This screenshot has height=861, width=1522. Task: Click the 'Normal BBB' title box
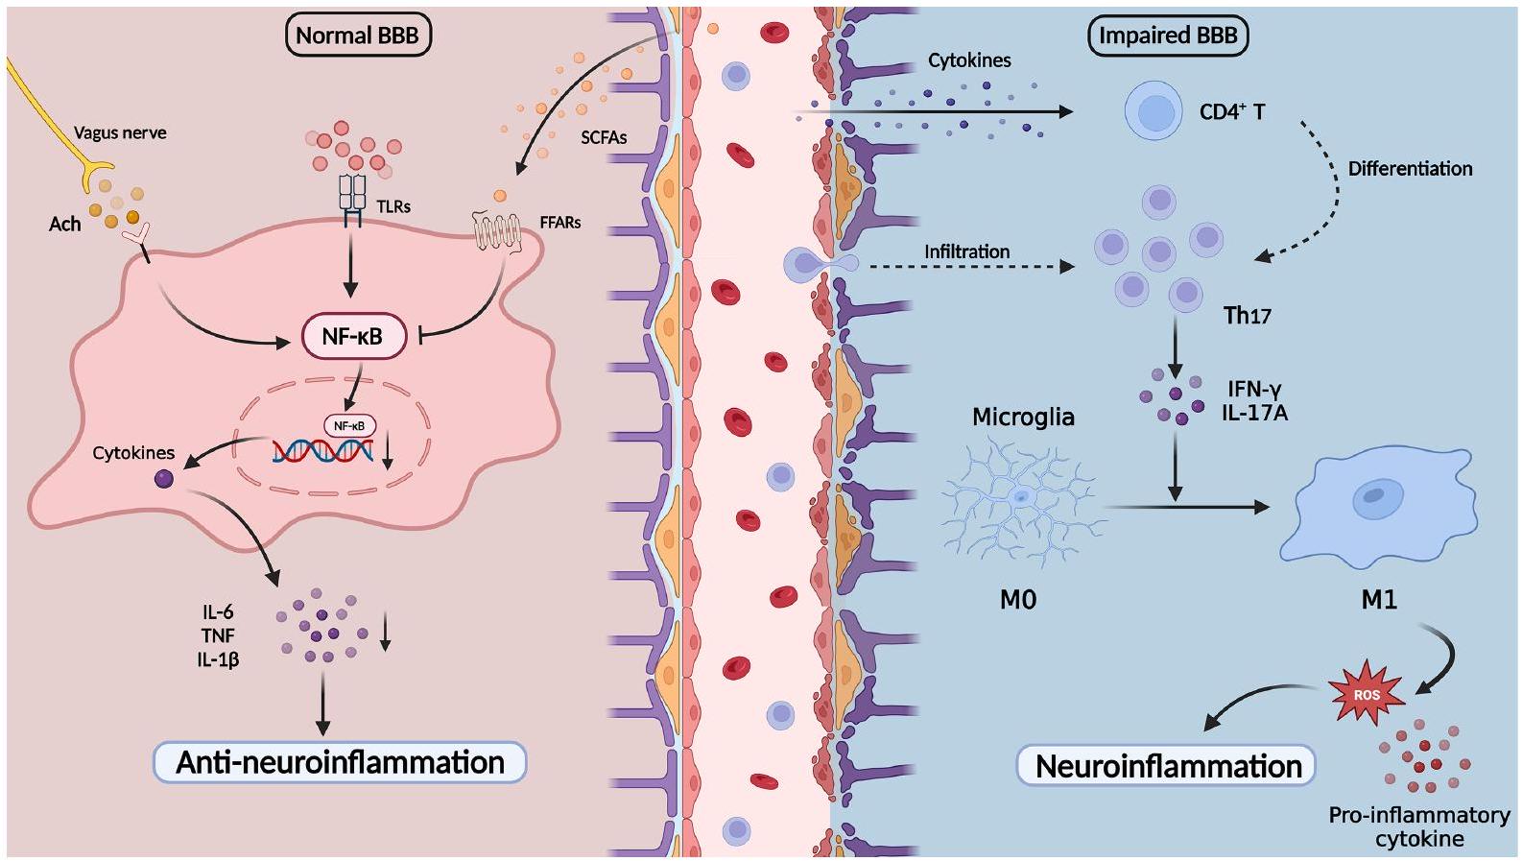357,36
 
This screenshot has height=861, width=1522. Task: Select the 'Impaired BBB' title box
1167,36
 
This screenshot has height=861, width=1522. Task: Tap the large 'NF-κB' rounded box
353,336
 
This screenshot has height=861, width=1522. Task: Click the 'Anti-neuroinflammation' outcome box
341,762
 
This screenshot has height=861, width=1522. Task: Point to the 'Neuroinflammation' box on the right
1167,766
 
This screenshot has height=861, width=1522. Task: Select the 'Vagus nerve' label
120,132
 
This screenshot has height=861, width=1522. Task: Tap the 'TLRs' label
393,206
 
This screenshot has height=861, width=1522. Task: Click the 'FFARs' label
559,223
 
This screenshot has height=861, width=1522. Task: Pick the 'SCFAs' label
604,137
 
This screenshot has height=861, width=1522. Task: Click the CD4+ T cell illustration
1153,111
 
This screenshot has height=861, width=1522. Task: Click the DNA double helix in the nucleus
322,450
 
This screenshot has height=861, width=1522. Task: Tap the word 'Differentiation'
1410,169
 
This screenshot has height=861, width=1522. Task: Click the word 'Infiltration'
966,251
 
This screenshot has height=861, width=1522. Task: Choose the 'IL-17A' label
1254,413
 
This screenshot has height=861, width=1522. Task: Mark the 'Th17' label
1247,315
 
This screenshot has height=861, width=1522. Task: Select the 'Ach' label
65,224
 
